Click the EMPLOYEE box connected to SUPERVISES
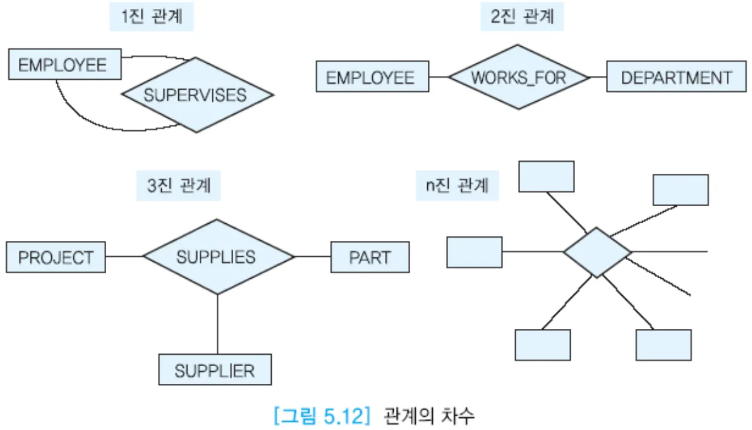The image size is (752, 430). tap(64, 64)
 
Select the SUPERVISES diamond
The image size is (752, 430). tap(197, 95)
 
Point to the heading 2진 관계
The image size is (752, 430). tap(522, 17)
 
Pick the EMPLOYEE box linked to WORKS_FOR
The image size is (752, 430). tap(372, 77)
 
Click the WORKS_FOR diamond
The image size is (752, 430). tap(518, 77)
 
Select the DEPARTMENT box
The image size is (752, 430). tap(676, 77)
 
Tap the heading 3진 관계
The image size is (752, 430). tap(179, 187)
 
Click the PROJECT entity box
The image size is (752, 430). tap(56, 257)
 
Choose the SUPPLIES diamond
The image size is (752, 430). tap(218, 257)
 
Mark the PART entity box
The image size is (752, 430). tap(370, 257)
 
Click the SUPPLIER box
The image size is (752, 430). tap(215, 370)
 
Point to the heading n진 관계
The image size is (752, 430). tap(457, 187)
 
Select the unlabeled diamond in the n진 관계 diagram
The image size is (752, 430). tap(597, 252)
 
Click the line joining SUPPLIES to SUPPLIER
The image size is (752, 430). tap(217, 324)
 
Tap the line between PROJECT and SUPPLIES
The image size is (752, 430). tap(124, 257)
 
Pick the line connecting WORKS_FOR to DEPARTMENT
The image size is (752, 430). tap(597, 77)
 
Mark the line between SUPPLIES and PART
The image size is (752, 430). tap(313, 257)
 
